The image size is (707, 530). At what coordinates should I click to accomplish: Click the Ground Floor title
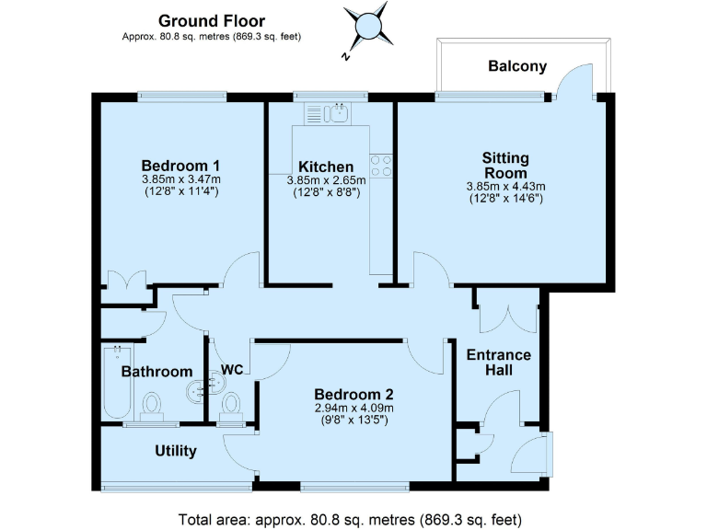pos(212,20)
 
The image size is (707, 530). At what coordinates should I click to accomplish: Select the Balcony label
pos(517,66)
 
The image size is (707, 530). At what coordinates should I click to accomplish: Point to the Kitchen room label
pos(319,167)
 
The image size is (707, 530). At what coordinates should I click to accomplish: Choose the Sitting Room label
pos(505,166)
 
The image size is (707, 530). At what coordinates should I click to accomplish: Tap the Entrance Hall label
pos(498,363)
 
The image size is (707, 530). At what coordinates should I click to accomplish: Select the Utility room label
pos(175,451)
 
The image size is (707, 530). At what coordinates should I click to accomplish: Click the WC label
pos(232,370)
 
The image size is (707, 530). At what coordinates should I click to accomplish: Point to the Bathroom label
pos(156,373)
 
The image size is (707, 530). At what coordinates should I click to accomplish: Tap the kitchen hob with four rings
pos(380,166)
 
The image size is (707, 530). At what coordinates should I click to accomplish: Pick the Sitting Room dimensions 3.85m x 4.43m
pos(505,186)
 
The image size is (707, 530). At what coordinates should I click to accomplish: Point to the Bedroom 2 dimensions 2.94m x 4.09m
pos(353,409)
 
